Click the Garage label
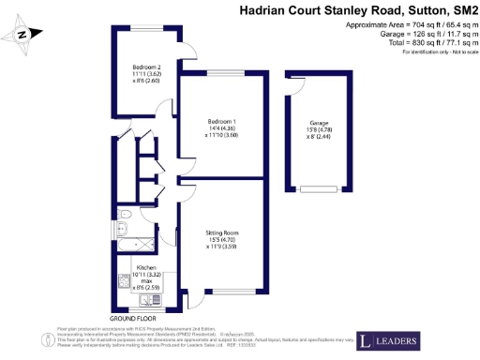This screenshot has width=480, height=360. tap(319, 124)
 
